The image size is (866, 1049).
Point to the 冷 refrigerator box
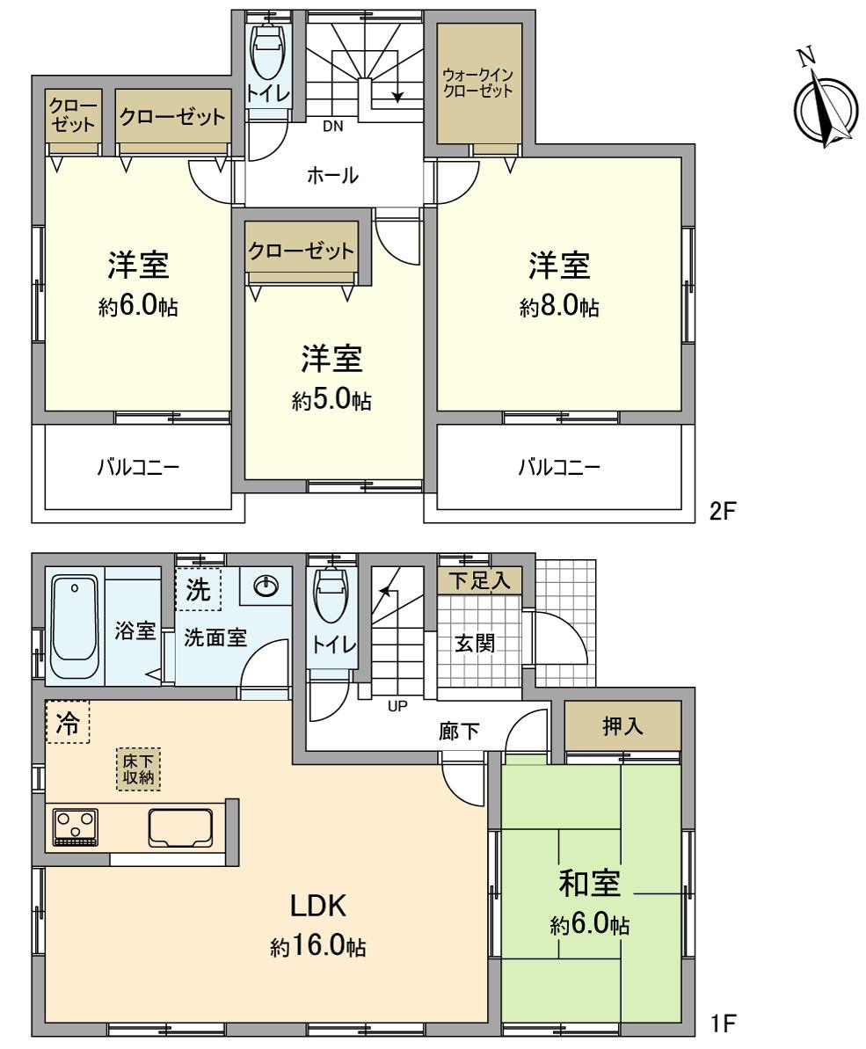67,723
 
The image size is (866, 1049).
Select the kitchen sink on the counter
181,827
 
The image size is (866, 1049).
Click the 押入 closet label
623,727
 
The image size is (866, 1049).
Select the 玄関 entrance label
474,643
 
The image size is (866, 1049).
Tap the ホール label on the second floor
332,176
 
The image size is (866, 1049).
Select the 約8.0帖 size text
559,307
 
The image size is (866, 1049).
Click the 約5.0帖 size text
331,401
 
